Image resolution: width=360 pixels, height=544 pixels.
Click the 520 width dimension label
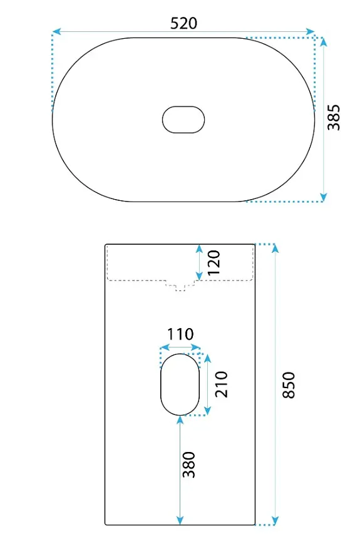click(x=184, y=23)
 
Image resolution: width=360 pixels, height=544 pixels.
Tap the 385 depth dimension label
click(x=334, y=117)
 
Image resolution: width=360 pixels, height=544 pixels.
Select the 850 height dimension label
click(x=289, y=385)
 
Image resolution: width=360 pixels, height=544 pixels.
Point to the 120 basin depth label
click(x=214, y=262)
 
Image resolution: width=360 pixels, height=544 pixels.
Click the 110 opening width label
click(x=180, y=334)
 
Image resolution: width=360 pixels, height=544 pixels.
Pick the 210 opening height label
click(x=222, y=384)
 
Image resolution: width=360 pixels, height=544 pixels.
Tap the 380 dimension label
click(x=189, y=464)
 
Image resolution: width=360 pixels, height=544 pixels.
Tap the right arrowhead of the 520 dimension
click(x=310, y=31)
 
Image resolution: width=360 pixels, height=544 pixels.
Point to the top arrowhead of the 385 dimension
click(x=323, y=42)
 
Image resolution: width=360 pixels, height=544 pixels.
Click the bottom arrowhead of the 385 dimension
click(x=323, y=197)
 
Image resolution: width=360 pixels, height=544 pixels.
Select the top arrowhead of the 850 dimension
click(x=275, y=249)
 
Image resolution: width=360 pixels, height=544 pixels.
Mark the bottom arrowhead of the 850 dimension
click(x=275, y=520)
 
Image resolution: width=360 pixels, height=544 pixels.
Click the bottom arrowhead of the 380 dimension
click(x=180, y=520)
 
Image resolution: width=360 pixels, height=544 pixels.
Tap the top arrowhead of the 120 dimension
click(x=198, y=249)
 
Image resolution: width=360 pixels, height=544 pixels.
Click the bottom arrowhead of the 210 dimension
click(x=207, y=411)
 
